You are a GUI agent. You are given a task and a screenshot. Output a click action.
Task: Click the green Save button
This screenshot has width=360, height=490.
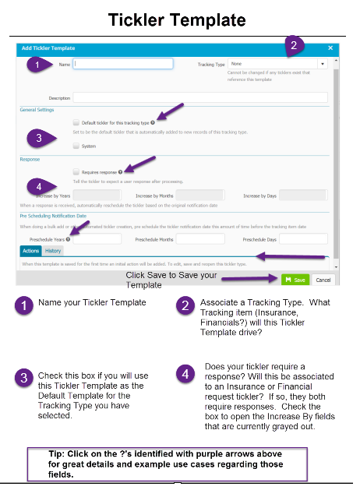point(297,279)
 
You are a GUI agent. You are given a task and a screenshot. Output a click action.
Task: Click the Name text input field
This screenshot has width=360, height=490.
point(124,65)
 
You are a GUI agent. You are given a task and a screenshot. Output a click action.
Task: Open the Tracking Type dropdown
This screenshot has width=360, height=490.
point(277,65)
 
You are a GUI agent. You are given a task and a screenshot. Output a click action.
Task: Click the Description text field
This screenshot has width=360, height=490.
point(200,98)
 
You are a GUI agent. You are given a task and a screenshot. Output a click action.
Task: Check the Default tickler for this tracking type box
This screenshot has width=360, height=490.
point(76,122)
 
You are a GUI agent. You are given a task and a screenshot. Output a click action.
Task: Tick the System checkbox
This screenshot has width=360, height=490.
point(76,146)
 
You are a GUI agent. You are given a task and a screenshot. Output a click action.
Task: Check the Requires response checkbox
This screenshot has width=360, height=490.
point(76,171)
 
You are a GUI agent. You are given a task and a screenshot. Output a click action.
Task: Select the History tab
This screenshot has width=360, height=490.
point(53,252)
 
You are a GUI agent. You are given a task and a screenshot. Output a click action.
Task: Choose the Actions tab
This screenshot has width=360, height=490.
point(31,252)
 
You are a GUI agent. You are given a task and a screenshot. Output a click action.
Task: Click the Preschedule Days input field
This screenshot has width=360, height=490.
point(303,238)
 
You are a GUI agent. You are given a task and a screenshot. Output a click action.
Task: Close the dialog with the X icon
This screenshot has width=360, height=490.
point(330,48)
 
